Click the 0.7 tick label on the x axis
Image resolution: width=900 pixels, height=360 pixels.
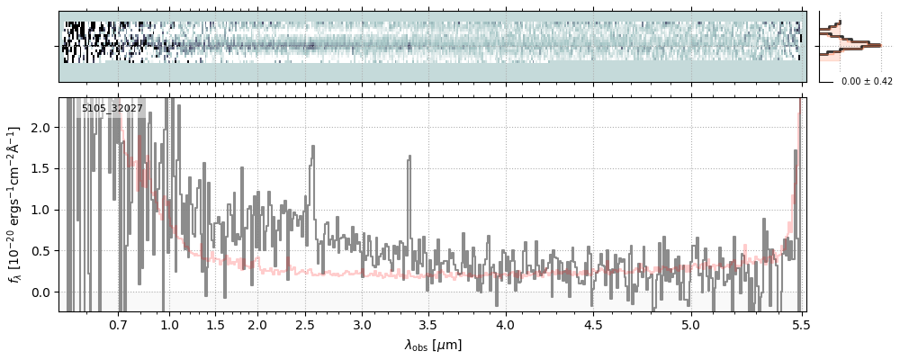[118, 324]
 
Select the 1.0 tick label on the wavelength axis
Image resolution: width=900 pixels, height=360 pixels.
[169, 324]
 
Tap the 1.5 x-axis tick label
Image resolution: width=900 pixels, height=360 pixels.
[216, 324]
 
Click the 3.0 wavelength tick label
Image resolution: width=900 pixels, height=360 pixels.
[362, 324]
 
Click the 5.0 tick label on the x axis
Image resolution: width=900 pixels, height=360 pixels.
[690, 324]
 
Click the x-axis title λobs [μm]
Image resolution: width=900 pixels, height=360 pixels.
[433, 344]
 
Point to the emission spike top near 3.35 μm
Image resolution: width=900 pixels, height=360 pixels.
[409, 157]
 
